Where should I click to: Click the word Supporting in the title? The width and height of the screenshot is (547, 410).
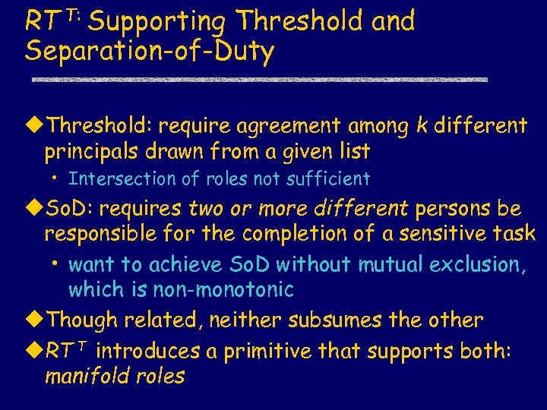[161, 22]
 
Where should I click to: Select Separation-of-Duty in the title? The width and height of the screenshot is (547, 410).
[150, 52]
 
